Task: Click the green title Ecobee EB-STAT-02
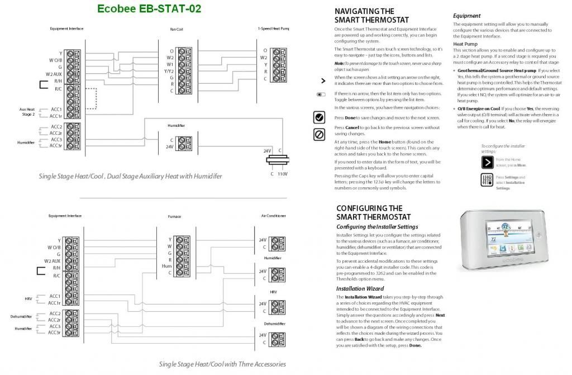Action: [x=149, y=9]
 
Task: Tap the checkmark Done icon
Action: [x=320, y=117]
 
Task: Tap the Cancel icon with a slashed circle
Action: [x=320, y=135]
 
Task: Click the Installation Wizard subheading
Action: [x=360, y=288]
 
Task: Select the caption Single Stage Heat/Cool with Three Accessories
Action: [x=222, y=364]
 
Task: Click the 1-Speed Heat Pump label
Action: [x=273, y=28]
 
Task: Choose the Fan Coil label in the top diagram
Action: [x=176, y=29]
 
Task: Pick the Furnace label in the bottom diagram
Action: [x=174, y=216]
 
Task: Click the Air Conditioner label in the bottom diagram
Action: [x=273, y=215]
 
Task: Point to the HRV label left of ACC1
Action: [x=28, y=298]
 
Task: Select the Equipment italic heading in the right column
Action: [x=466, y=16]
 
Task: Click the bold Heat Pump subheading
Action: [x=465, y=44]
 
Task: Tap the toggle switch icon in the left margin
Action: [x=321, y=94]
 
